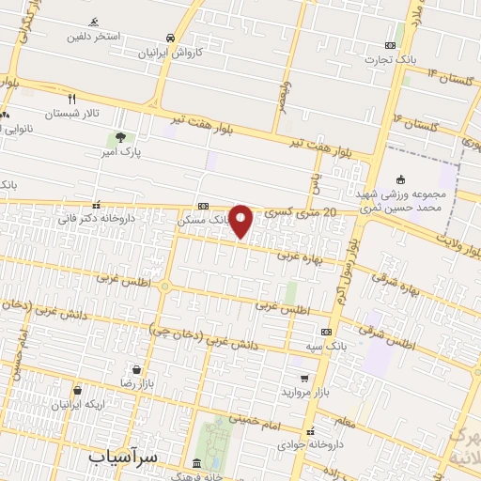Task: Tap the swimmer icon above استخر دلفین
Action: pos(94,22)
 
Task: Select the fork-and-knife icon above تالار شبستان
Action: pos(71,97)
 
